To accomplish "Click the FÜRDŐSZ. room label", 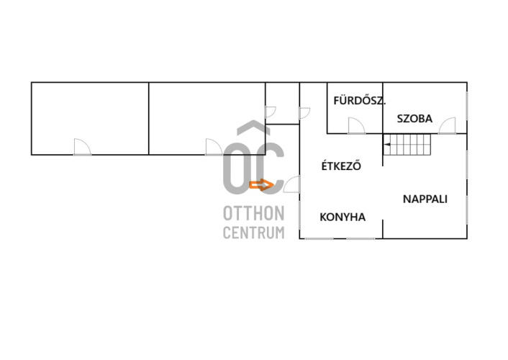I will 355,99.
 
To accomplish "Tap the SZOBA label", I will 414,120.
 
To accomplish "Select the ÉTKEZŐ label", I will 340,166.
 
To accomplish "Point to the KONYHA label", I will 343,217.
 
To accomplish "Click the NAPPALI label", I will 425,199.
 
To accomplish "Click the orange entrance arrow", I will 261,185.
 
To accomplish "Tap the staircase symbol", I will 407,149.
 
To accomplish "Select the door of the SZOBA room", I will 448,125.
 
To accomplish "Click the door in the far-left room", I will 82,147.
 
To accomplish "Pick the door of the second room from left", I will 213,147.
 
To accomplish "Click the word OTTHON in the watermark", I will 253,214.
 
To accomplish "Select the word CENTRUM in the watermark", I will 253,232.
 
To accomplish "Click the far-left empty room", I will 90,115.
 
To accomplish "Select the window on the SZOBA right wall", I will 467,108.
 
